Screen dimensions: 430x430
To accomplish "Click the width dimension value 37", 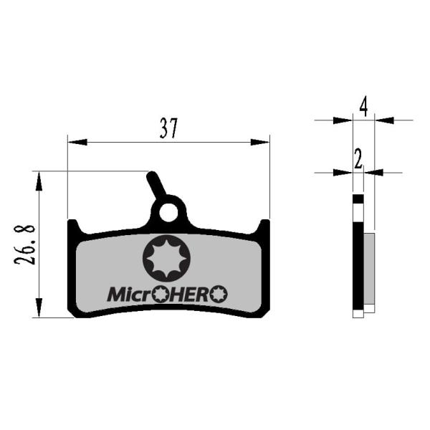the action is click(168, 128).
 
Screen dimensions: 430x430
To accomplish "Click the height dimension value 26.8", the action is click(24, 245).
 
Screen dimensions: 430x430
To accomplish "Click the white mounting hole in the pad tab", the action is click(168, 213).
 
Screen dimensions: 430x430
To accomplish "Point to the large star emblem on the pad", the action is click(166, 258).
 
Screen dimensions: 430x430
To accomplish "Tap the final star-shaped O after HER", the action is click(219, 294).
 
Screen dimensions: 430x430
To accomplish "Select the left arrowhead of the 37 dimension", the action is click(77, 142).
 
